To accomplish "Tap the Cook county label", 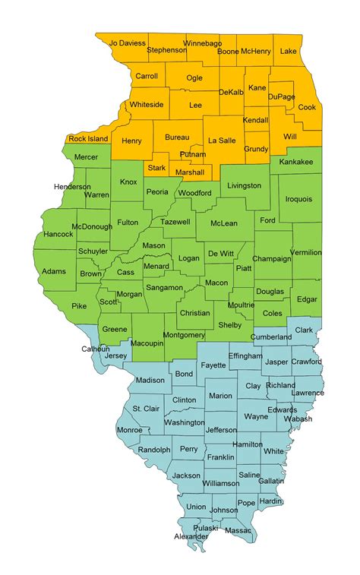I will pos(307,107).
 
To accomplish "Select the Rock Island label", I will pos(88,138).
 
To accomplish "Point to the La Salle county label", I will pos(223,141).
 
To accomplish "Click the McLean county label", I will pos(224,223).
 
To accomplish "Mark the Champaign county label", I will pos(271,258).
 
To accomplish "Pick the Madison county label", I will pos(150,381).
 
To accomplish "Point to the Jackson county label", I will pos(186,475).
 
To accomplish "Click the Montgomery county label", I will pos(184,334).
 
